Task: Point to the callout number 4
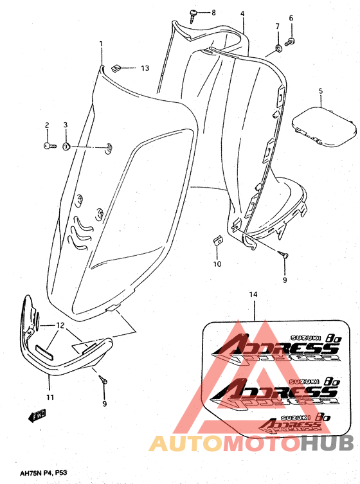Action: coord(242,13)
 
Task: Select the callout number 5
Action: coord(319,91)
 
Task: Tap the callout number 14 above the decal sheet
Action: coord(253,294)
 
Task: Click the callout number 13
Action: coord(145,68)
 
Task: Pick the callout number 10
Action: coord(217,264)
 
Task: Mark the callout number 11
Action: coord(49,397)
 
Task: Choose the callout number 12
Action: coord(59,325)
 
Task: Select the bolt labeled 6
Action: coord(290,41)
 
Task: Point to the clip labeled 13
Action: coord(116,67)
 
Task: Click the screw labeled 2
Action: coord(48,147)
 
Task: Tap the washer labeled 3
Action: coord(66,147)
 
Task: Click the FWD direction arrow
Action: coord(36,417)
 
